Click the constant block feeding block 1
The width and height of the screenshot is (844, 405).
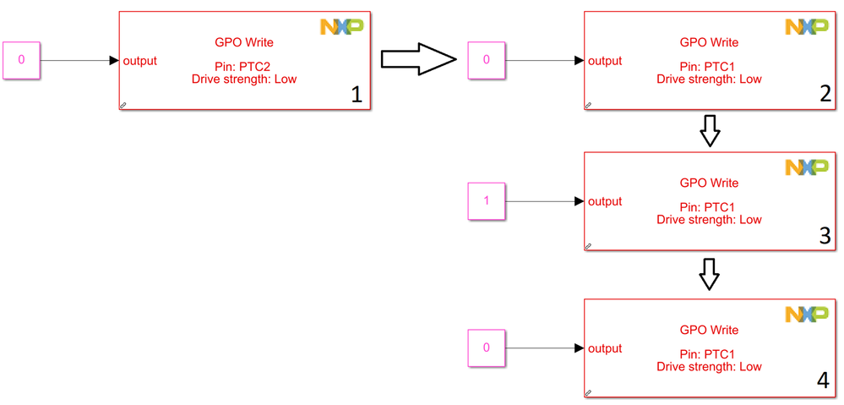click(21, 60)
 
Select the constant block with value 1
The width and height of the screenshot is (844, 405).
click(487, 201)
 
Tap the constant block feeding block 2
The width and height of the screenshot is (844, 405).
click(487, 60)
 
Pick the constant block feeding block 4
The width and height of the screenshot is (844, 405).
click(487, 348)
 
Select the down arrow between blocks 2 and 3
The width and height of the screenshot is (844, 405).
click(711, 131)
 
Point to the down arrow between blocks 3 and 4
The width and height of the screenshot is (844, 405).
click(710, 274)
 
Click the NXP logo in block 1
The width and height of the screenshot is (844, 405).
click(341, 27)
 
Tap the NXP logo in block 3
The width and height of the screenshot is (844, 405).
click(806, 167)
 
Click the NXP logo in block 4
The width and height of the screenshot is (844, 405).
click(806, 315)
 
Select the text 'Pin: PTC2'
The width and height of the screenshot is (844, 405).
click(244, 67)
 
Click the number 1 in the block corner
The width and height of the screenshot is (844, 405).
click(356, 96)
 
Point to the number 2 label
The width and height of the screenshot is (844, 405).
click(825, 95)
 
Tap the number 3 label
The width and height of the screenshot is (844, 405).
click(825, 236)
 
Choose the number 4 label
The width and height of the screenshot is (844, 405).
click(823, 381)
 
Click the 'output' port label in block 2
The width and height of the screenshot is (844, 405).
click(605, 61)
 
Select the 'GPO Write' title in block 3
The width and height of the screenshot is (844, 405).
click(709, 183)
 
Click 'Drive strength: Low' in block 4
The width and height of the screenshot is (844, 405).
click(709, 367)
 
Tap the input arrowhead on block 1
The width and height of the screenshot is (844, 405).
click(114, 60)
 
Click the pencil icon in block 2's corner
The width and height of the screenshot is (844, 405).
click(589, 106)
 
